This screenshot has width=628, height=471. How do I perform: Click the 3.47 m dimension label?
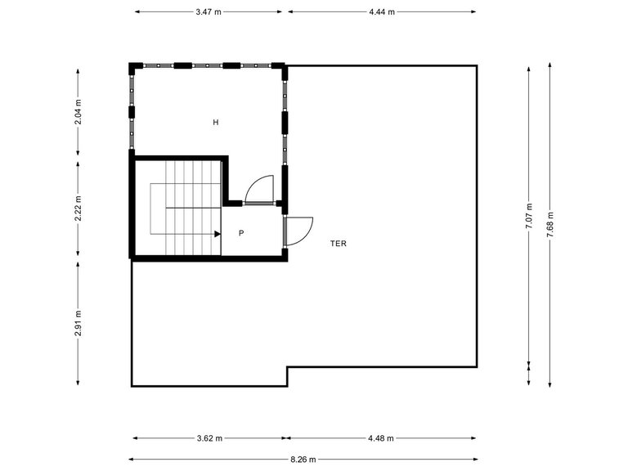[209, 12]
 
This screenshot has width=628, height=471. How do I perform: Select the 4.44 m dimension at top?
[382, 12]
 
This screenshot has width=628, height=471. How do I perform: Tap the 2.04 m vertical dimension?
[78, 111]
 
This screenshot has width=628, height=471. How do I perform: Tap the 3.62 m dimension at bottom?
[209, 438]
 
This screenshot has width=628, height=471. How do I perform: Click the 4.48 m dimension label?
[381, 438]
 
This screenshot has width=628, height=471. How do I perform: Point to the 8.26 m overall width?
[303, 460]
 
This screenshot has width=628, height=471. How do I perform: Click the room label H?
[216, 123]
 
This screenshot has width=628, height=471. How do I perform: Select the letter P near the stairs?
[241, 233]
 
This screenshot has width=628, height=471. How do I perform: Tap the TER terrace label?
[339, 244]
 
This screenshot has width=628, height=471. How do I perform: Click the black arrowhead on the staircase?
[218, 234]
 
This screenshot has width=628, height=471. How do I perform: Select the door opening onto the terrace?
[298, 230]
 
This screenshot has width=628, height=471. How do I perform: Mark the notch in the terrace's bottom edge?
[287, 375]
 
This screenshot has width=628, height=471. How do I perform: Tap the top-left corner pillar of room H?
[133, 66]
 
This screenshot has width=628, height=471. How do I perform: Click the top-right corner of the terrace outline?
[476, 66]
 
